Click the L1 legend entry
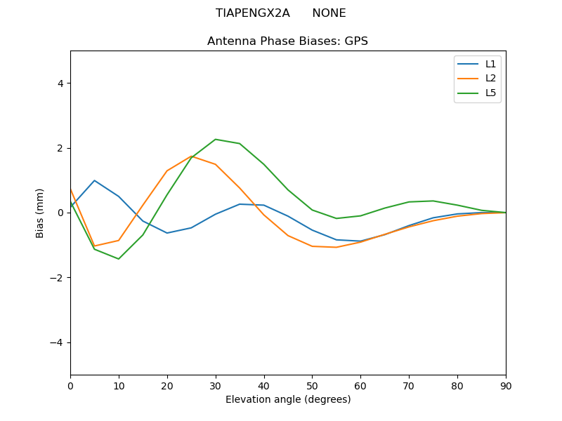(x=491, y=64)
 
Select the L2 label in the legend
(x=491, y=78)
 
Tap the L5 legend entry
(x=491, y=93)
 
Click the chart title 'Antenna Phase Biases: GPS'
(x=287, y=41)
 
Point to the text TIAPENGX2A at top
(x=252, y=13)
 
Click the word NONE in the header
(x=329, y=13)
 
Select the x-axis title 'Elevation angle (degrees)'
(x=287, y=399)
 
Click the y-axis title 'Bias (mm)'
(x=40, y=213)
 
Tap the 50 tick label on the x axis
(x=312, y=385)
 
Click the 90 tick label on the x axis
(x=506, y=385)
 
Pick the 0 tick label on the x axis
(x=70, y=385)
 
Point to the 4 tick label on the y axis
(x=60, y=83)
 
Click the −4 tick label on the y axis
(x=56, y=342)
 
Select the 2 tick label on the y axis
(x=60, y=148)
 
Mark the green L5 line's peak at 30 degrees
(x=216, y=139)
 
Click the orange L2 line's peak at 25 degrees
(x=191, y=156)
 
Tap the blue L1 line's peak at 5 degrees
(x=94, y=180)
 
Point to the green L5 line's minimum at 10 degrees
(x=119, y=259)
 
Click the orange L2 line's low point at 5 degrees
(x=94, y=246)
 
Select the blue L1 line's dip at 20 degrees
(x=167, y=233)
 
